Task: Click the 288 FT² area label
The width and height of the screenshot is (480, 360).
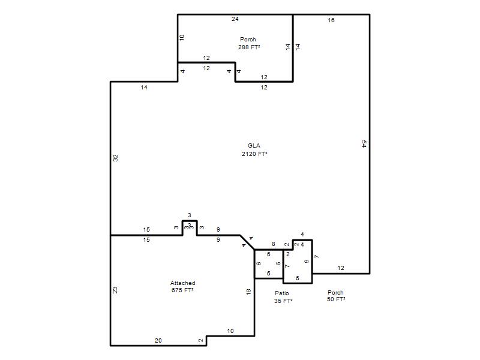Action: pyautogui.click(x=249, y=47)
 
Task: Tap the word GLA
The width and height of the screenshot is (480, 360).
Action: pyautogui.click(x=254, y=146)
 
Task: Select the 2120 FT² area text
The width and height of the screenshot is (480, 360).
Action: pyautogui.click(x=254, y=154)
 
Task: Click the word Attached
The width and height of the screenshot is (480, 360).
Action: pyautogui.click(x=183, y=283)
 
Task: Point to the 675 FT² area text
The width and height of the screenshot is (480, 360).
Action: pyautogui.click(x=182, y=290)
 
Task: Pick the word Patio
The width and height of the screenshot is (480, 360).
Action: pyautogui.click(x=282, y=293)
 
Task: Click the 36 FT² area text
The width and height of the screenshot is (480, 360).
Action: pyautogui.click(x=283, y=301)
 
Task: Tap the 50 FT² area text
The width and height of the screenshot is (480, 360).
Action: pyautogui.click(x=336, y=299)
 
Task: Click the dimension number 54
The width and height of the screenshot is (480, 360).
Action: pyautogui.click(x=364, y=144)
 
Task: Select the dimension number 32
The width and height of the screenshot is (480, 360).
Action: pyautogui.click(x=115, y=158)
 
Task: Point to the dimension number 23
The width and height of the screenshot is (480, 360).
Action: pyautogui.click(x=115, y=290)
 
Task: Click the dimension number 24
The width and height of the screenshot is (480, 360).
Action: pyautogui.click(x=235, y=19)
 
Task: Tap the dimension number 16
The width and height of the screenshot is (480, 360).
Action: pyautogui.click(x=331, y=20)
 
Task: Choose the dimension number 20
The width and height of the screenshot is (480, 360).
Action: pyautogui.click(x=158, y=340)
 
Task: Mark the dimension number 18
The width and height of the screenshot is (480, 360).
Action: pyautogui.click(x=248, y=292)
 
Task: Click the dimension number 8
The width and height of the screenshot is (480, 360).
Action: pyautogui.click(x=274, y=244)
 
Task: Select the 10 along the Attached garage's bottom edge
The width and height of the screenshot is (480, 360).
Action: pyautogui.click(x=230, y=331)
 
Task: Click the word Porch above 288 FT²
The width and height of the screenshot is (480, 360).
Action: pyautogui.click(x=248, y=40)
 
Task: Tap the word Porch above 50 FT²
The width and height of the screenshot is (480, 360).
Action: pyautogui.click(x=335, y=292)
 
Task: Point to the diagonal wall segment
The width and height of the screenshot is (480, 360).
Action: pyautogui.click(x=247, y=242)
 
